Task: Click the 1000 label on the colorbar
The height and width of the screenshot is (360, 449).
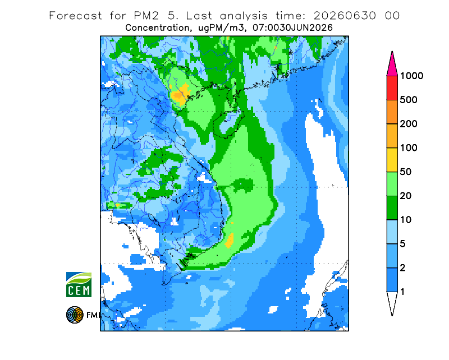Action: coord(411,76)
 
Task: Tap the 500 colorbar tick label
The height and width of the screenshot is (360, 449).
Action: coord(409,100)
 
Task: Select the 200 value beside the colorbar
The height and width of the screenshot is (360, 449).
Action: coord(409,124)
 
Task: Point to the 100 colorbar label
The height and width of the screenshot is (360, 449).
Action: coord(409,148)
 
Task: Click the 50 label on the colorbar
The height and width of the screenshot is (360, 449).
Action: coord(406,172)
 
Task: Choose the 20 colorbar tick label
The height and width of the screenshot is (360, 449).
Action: coord(406,196)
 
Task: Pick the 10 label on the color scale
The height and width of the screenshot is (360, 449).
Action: coord(406,220)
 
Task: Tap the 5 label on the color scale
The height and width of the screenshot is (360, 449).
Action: coord(402,244)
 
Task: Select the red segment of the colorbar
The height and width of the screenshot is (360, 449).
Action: coord(392,88)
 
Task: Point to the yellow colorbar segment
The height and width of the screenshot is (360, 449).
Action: coord(392,160)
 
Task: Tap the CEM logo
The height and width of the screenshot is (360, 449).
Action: coord(79,284)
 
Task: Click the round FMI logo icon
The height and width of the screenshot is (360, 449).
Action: coord(75,315)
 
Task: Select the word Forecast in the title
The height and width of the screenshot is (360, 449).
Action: coord(75,16)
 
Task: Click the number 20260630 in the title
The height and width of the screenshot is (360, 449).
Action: coord(345,16)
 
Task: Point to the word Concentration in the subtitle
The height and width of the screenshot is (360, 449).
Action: coord(157,28)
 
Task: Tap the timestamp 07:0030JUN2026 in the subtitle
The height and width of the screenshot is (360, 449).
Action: coord(293,28)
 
